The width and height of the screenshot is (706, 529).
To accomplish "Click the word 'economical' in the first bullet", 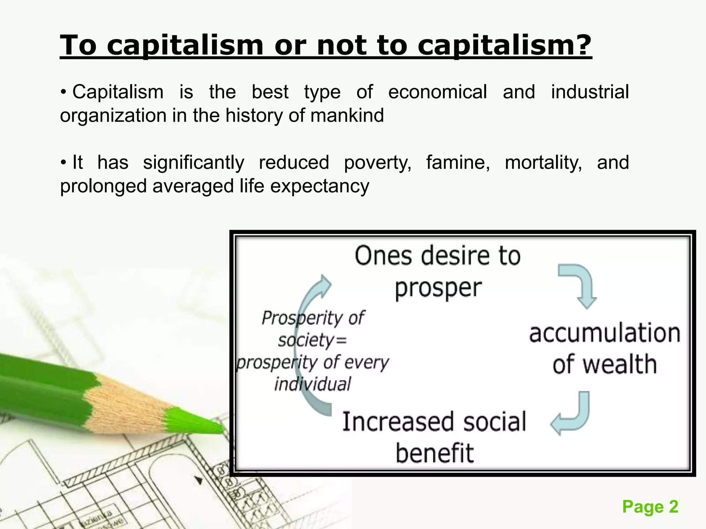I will click(x=437, y=92).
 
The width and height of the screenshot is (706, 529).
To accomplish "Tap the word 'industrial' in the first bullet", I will click(x=590, y=92).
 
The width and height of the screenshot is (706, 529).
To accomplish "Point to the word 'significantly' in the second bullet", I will click(x=193, y=163).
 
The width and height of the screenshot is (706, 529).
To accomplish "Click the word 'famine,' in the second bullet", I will click(x=458, y=163).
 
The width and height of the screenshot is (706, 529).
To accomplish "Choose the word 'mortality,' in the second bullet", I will click(x=543, y=163).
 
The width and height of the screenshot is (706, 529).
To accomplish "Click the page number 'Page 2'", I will click(x=650, y=507).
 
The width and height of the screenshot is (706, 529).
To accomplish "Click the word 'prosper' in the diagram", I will click(x=438, y=288).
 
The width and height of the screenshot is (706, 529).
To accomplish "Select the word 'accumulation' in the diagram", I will click(x=605, y=333).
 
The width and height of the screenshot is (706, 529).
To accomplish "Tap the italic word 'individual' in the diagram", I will click(x=312, y=384).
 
